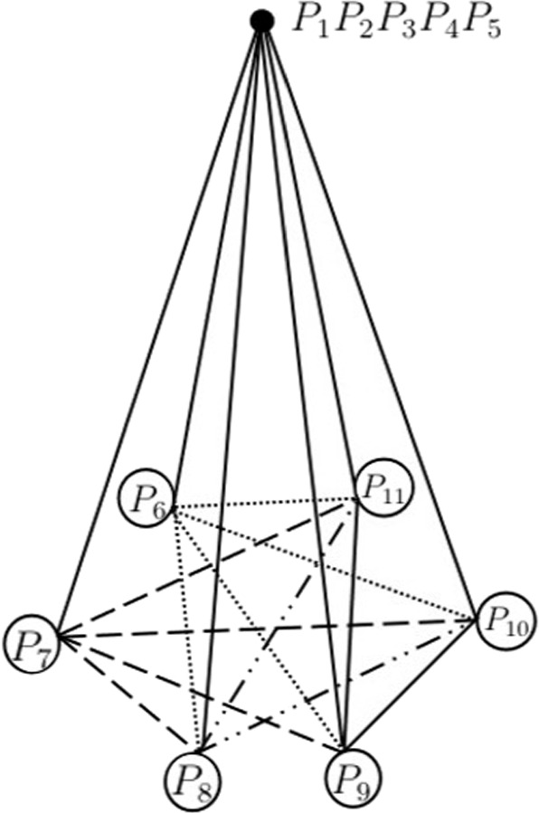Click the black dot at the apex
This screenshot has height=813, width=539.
coord(261,21)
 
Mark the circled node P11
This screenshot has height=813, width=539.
coord(384,487)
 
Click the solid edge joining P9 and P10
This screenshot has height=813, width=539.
coord(409,685)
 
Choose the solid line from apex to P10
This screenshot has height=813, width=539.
coord(368,320)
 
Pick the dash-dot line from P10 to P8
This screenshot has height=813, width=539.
coord(336,686)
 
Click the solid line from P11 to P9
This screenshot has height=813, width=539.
coord(350,624)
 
